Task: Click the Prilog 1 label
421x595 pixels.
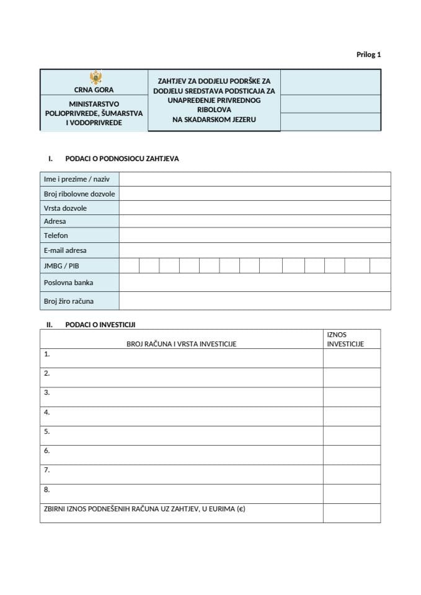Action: point(368,55)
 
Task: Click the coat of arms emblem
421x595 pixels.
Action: point(96,77)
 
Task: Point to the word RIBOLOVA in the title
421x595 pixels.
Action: point(214,110)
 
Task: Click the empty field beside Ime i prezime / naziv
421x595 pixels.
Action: point(255,179)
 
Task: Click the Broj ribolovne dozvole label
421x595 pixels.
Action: point(79,194)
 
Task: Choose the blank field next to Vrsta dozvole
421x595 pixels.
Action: point(255,208)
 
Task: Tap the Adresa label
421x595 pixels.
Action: point(55,221)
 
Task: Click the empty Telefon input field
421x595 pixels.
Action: point(255,236)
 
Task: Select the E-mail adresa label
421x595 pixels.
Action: point(65,250)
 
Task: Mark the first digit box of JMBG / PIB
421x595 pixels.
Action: point(129,266)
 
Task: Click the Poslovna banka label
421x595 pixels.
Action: point(68,283)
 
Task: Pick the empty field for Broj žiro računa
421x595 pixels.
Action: point(255,301)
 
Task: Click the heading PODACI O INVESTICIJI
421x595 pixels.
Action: point(100,325)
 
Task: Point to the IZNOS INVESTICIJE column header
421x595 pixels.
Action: point(345,340)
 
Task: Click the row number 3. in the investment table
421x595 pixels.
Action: point(47,393)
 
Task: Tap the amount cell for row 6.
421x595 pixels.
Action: point(351,455)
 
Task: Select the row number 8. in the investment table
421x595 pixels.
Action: point(47,490)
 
